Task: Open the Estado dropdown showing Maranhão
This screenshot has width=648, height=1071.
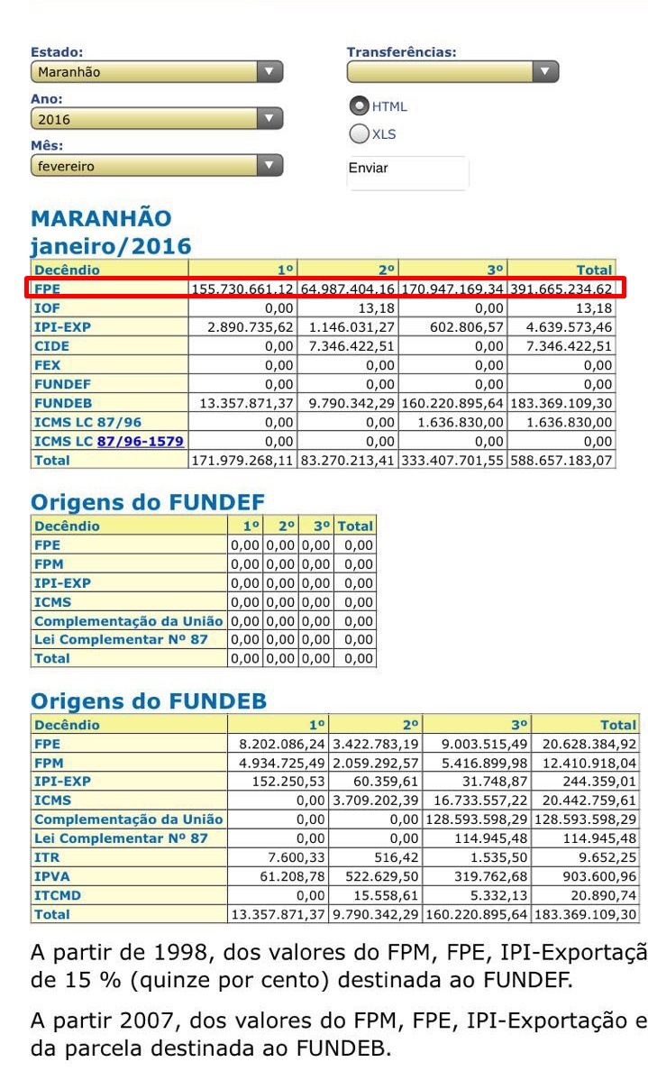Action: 157,72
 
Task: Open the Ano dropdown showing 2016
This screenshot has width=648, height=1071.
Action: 157,119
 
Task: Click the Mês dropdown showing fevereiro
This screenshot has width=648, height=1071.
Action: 157,166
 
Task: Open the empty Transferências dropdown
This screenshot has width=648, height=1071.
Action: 452,72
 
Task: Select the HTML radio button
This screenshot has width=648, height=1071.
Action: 360,105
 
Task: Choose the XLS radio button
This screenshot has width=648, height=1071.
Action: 360,134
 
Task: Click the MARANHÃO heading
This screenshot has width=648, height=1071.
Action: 101,219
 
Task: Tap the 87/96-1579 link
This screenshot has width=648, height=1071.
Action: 141,441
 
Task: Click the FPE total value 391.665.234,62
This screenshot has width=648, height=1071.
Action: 561,289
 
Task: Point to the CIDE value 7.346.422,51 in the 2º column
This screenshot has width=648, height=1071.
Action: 347,346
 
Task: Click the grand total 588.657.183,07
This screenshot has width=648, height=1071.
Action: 561,461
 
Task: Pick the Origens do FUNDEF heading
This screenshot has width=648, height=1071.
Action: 147,502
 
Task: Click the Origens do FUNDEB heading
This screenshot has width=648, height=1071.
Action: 149,701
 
